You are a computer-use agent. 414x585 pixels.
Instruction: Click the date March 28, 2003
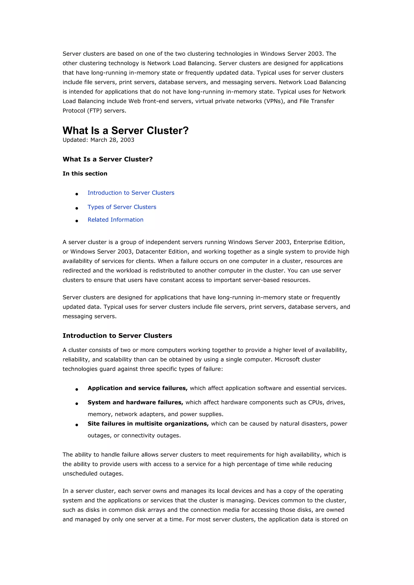click(112, 140)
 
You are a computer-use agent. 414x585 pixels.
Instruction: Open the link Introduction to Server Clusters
click(131, 193)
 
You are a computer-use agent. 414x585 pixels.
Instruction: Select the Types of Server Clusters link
click(122, 207)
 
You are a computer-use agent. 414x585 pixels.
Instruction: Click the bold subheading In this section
click(85, 174)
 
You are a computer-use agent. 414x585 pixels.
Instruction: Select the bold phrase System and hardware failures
click(135, 402)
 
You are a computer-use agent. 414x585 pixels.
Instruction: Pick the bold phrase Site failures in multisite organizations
click(148, 424)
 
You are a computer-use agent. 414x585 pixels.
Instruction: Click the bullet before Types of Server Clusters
click(77, 208)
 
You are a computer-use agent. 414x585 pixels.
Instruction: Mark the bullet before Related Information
click(77, 221)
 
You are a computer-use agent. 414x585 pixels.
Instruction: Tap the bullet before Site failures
click(77, 425)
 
